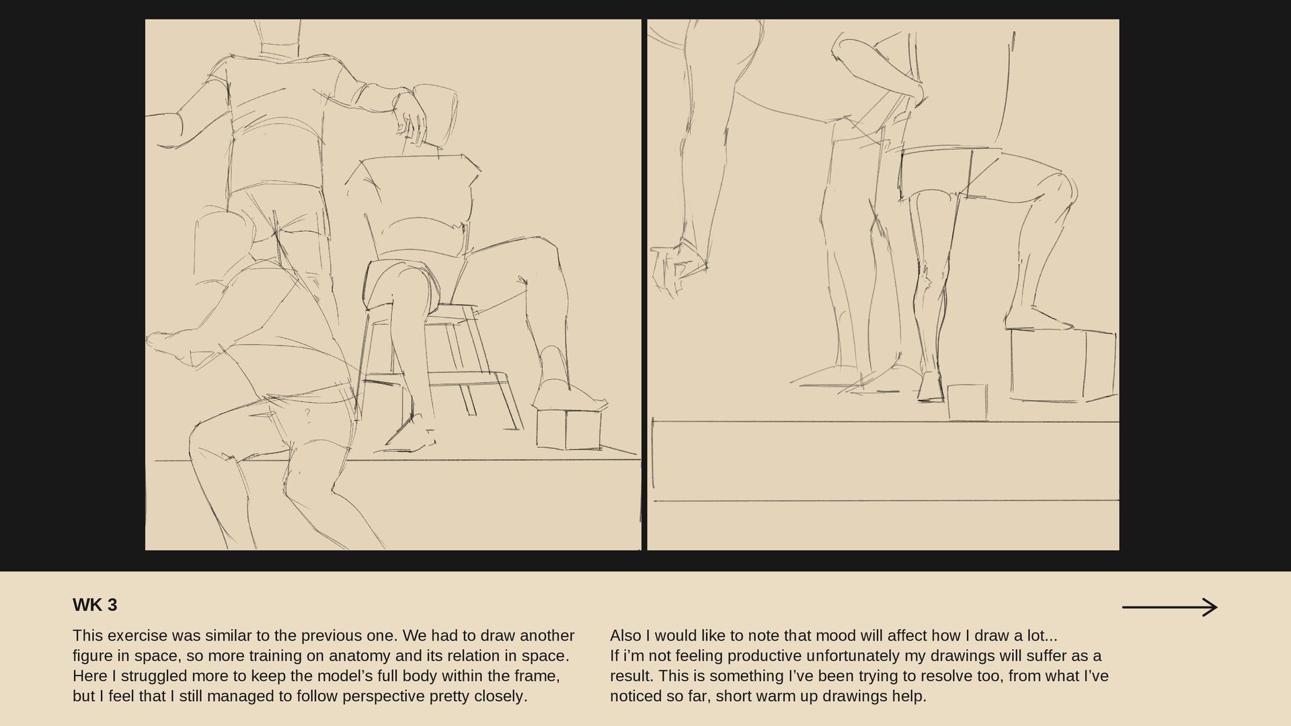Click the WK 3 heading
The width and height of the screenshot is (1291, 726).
(x=95, y=605)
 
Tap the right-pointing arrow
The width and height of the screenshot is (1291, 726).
(x=1169, y=608)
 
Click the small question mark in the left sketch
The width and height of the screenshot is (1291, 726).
(x=307, y=413)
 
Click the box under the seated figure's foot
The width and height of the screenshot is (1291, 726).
(x=569, y=429)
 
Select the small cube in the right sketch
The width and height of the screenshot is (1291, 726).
(x=968, y=401)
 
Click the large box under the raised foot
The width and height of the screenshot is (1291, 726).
(x=1063, y=365)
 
